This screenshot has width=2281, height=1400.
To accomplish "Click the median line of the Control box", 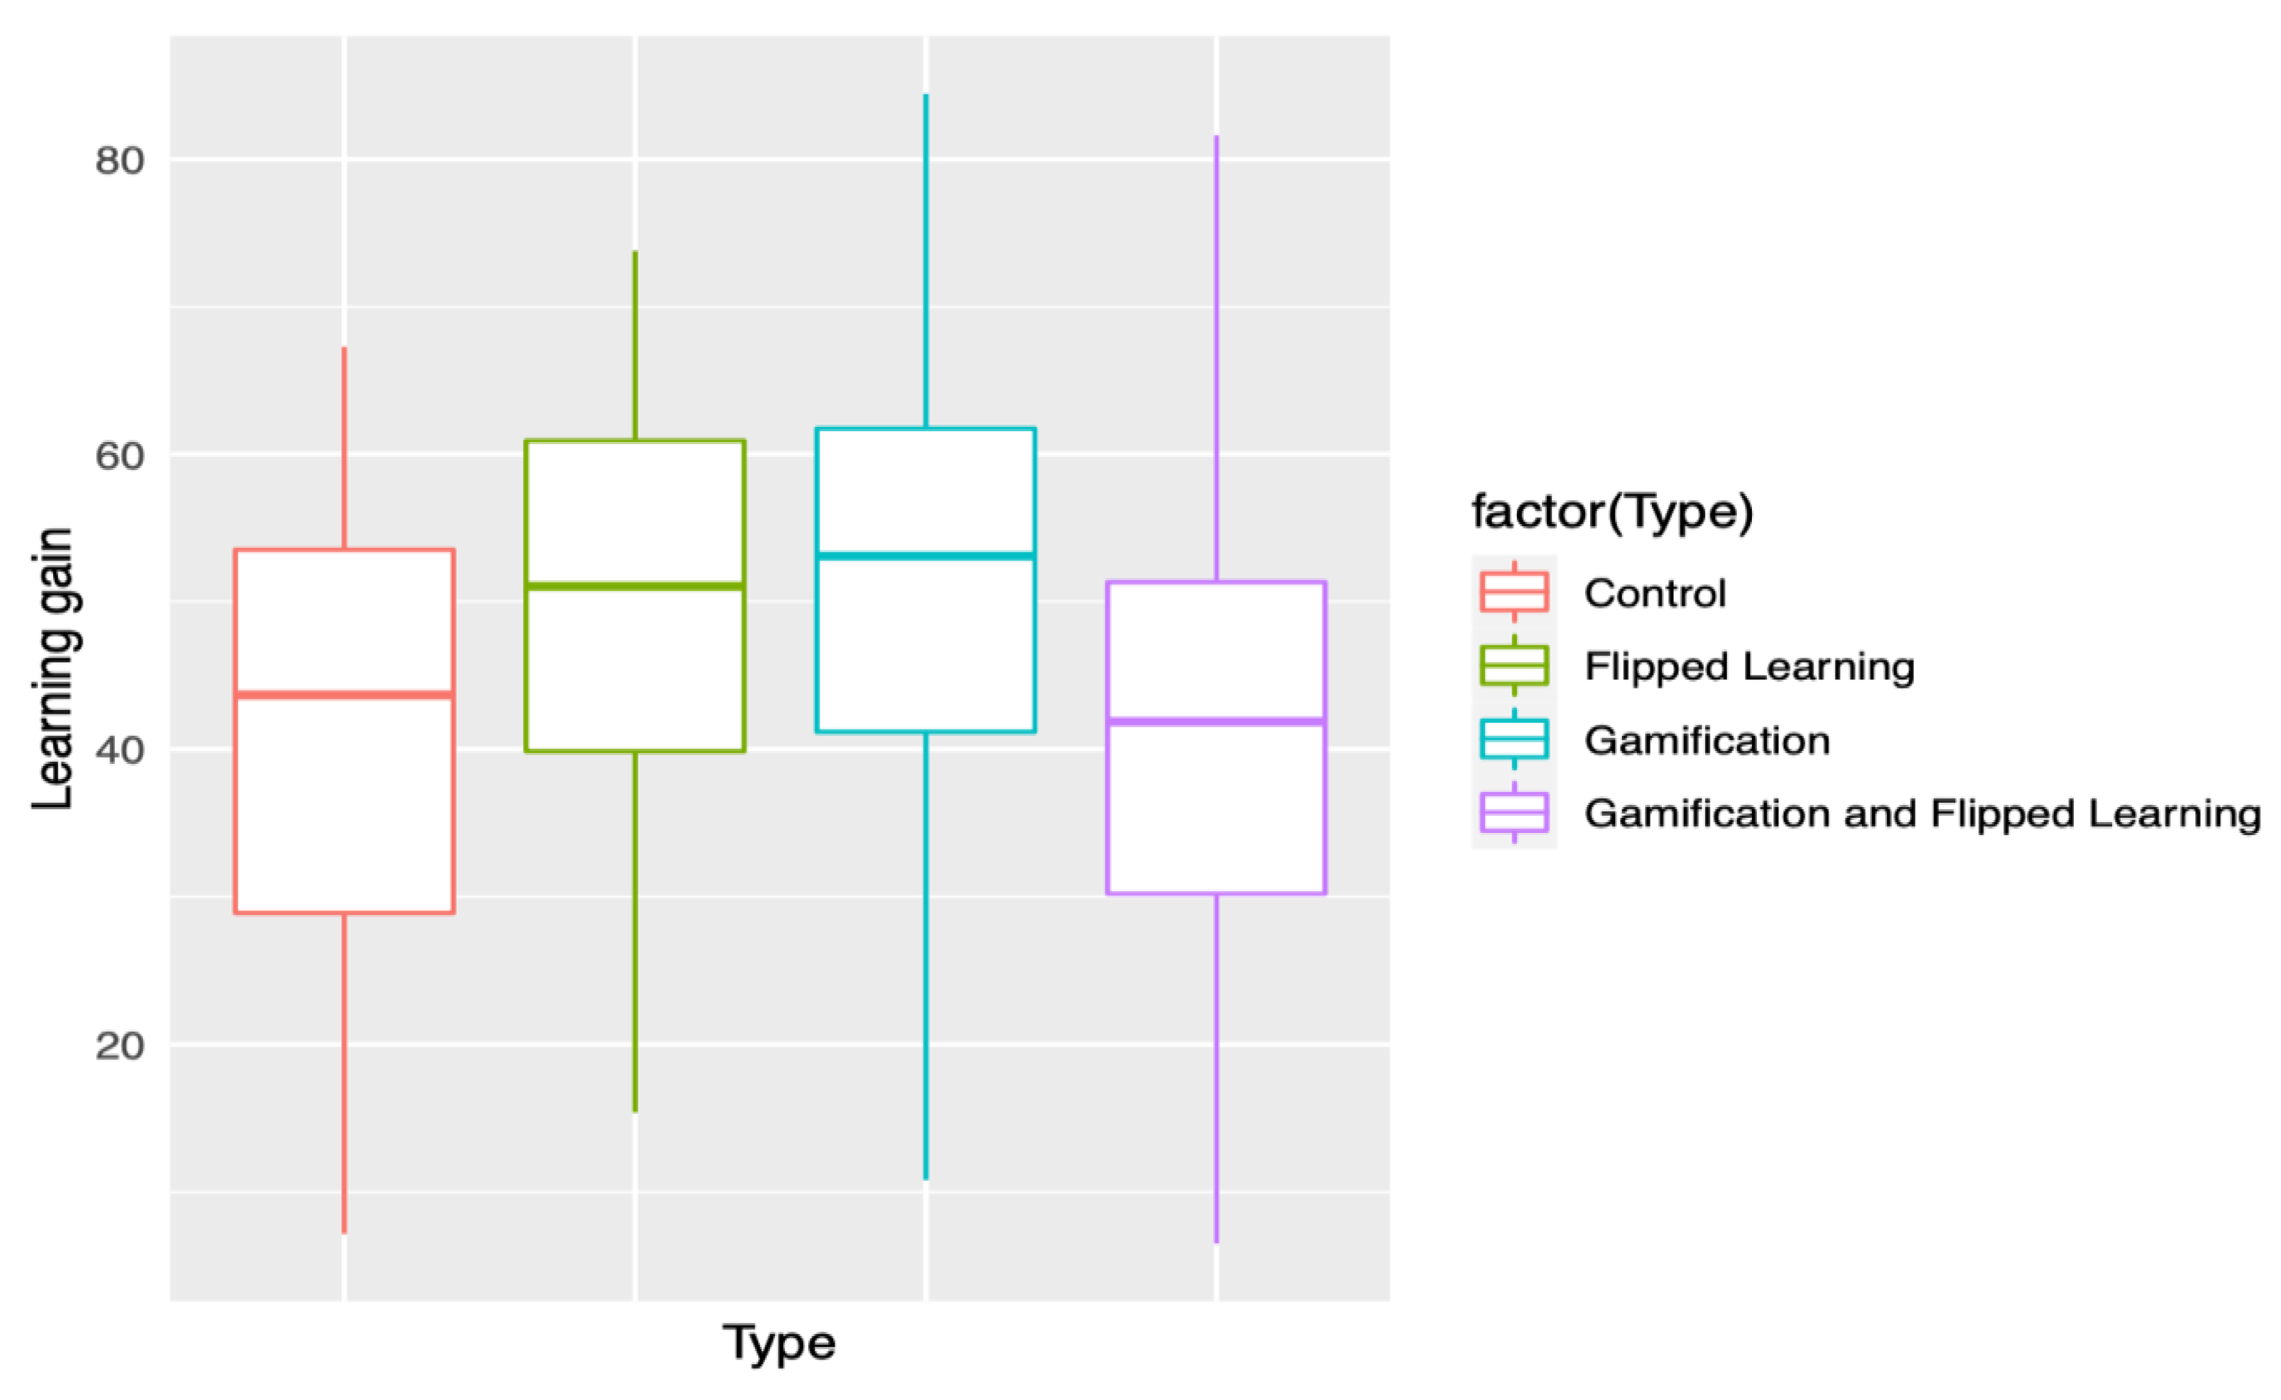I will tap(344, 694).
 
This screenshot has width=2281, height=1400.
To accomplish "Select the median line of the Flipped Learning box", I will tap(635, 586).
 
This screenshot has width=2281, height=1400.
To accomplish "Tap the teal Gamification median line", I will tap(925, 556).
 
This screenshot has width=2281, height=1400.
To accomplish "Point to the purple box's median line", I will tap(1216, 720).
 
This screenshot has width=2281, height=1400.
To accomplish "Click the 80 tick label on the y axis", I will tap(119, 161).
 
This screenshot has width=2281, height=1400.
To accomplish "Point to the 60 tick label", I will tap(119, 456).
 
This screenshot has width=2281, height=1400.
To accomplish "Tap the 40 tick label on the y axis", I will tap(119, 750).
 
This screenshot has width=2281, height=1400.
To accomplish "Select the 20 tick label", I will tap(119, 1046).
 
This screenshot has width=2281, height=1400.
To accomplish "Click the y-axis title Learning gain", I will tap(52, 668).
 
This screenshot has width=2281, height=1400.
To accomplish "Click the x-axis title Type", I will tap(779, 1343).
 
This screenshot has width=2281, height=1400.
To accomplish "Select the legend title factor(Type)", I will tap(1612, 511).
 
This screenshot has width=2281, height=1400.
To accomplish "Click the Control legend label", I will tap(1655, 593).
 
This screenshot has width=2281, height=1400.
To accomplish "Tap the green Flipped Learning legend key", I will tap(1514, 666).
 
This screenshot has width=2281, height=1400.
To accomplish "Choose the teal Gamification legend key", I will tap(1514, 739).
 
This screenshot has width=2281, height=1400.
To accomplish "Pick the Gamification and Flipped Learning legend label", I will tap(1922, 813).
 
